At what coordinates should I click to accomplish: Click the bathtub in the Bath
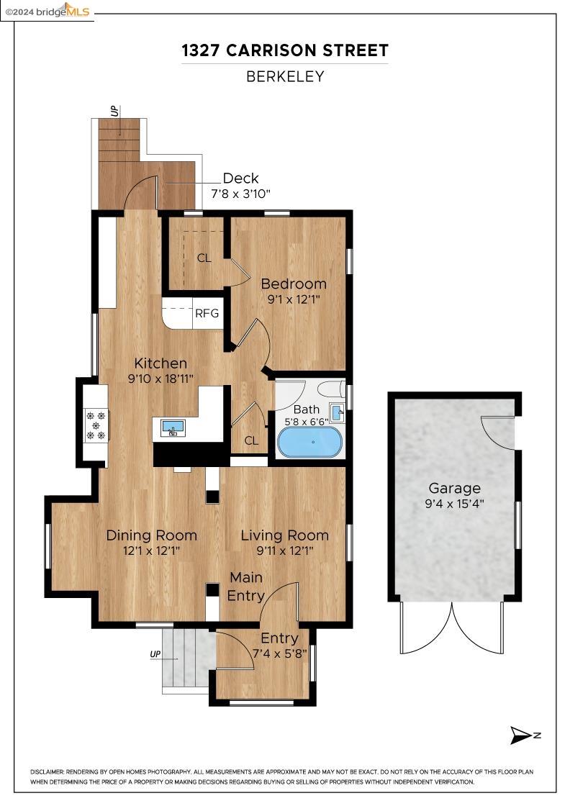(309, 442)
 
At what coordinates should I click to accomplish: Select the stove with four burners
(96, 425)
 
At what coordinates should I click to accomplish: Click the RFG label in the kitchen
(207, 314)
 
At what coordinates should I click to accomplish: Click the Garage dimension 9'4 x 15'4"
(454, 504)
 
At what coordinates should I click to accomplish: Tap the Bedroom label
(294, 284)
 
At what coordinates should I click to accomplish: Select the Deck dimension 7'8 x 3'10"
(240, 194)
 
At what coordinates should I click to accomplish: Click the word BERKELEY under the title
(285, 76)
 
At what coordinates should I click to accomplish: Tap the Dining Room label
(151, 535)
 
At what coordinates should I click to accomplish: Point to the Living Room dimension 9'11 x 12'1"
(284, 551)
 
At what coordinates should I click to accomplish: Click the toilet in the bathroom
(331, 390)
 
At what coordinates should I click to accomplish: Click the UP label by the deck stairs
(114, 111)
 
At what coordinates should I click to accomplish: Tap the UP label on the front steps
(155, 654)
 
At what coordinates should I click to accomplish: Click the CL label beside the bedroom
(204, 258)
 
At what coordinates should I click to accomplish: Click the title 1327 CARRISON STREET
(285, 50)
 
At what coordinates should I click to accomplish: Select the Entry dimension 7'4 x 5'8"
(279, 653)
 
